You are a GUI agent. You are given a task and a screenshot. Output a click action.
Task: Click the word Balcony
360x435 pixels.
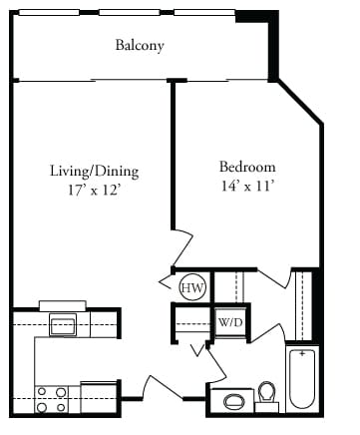coord(139,46)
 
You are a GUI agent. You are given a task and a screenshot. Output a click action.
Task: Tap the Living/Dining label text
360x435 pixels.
coord(94,170)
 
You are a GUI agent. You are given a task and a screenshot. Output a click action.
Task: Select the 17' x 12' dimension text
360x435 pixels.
coord(94,188)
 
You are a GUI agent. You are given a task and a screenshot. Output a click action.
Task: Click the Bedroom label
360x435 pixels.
coord(247,167)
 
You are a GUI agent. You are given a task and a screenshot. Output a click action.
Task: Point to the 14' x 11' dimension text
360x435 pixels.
coord(247,185)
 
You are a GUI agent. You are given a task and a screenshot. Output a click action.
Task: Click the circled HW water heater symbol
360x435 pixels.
coord(192,288)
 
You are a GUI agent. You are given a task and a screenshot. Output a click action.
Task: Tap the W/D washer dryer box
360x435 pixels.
coord(227,323)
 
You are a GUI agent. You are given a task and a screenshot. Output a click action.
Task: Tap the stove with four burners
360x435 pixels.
coord(51,399)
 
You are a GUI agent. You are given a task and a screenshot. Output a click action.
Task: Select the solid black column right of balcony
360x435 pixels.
coord(270,45)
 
